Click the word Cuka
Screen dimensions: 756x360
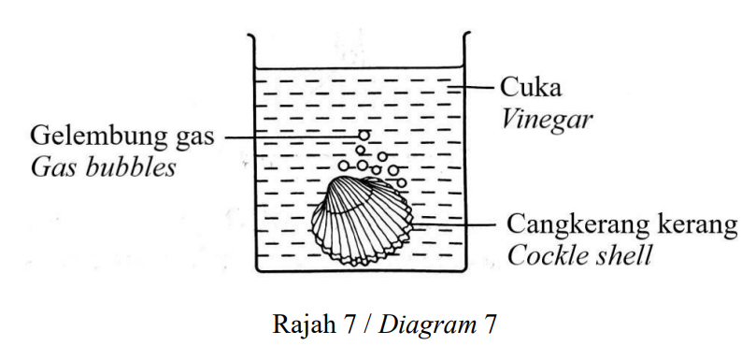point(531,88)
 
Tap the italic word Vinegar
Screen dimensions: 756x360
point(546,120)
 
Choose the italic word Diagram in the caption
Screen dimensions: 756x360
point(427,326)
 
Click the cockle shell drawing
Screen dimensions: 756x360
point(362,221)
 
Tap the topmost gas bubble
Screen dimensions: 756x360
point(364,137)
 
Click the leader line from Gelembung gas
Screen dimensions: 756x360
point(292,137)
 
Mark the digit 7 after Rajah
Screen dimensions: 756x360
point(350,325)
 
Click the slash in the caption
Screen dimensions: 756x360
point(368,325)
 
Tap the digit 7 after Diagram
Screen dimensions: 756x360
point(489,325)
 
